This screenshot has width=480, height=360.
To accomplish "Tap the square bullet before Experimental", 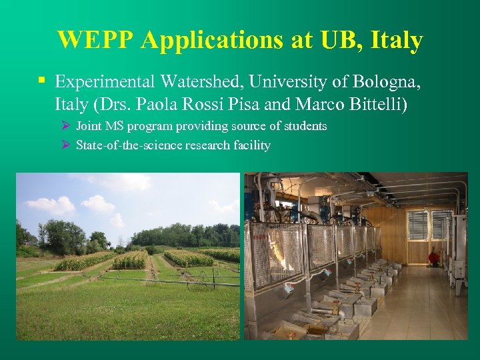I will pyautogui.click(x=41, y=81).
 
